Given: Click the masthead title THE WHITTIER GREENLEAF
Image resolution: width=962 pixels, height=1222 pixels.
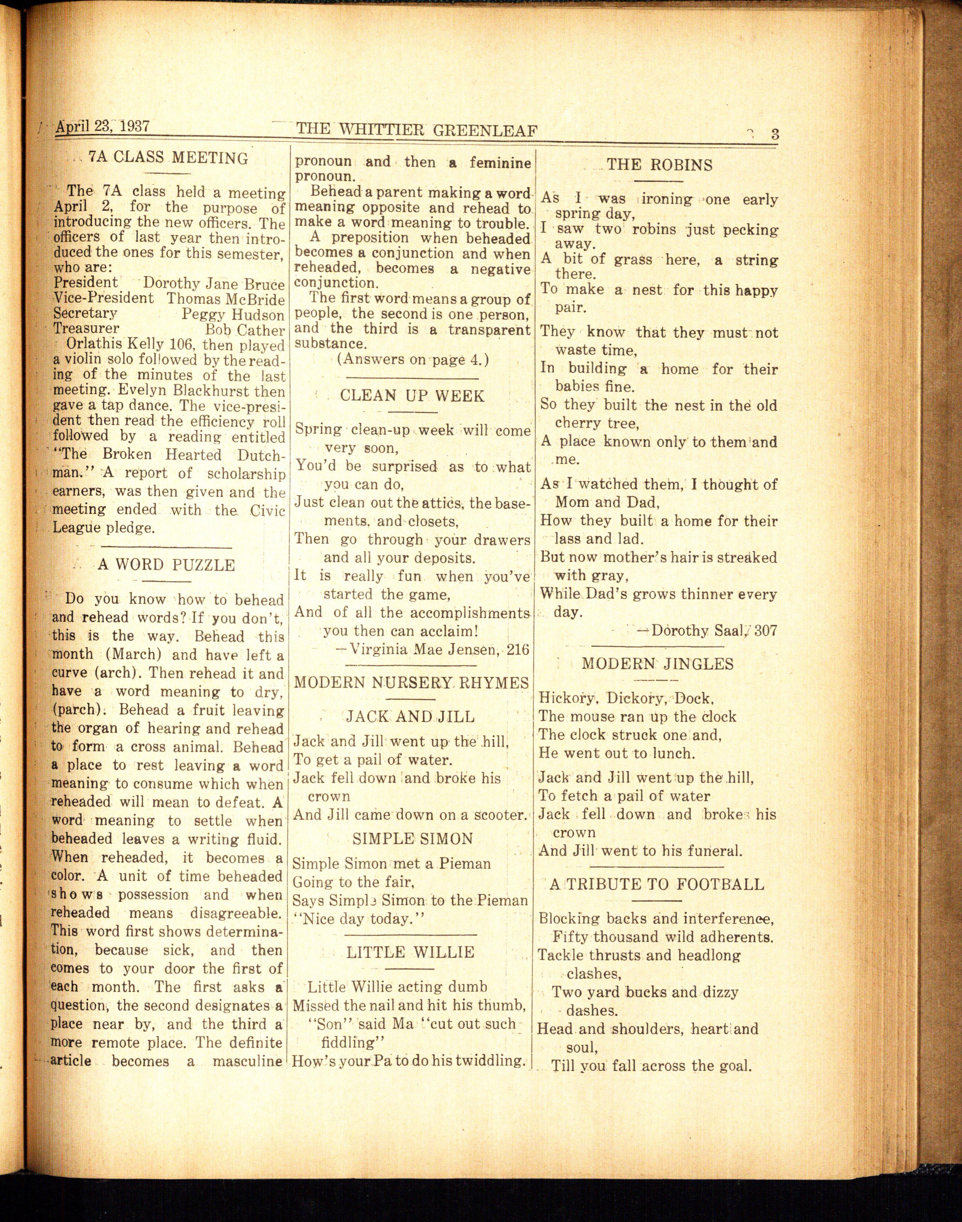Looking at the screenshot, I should pos(417,130).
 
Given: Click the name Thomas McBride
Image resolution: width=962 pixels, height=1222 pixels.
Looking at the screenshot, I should pos(225,299).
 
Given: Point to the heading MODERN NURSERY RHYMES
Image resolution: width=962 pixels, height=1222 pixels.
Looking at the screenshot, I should pos(412,683).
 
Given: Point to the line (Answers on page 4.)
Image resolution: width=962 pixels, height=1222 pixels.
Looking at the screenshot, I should pos(413,359).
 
